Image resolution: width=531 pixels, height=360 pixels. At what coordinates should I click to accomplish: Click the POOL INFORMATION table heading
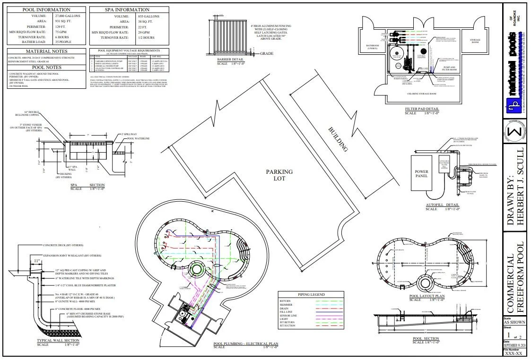point(46,9)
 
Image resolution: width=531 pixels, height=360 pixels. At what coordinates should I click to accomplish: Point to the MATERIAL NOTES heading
point(46,51)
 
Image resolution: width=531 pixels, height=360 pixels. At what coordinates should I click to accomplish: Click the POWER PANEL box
point(421,174)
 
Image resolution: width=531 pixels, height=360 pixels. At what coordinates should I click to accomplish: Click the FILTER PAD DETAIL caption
point(422,109)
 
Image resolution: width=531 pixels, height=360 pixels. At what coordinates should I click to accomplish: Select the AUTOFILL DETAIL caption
point(442,205)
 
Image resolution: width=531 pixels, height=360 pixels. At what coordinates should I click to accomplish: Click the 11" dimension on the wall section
point(36,260)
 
